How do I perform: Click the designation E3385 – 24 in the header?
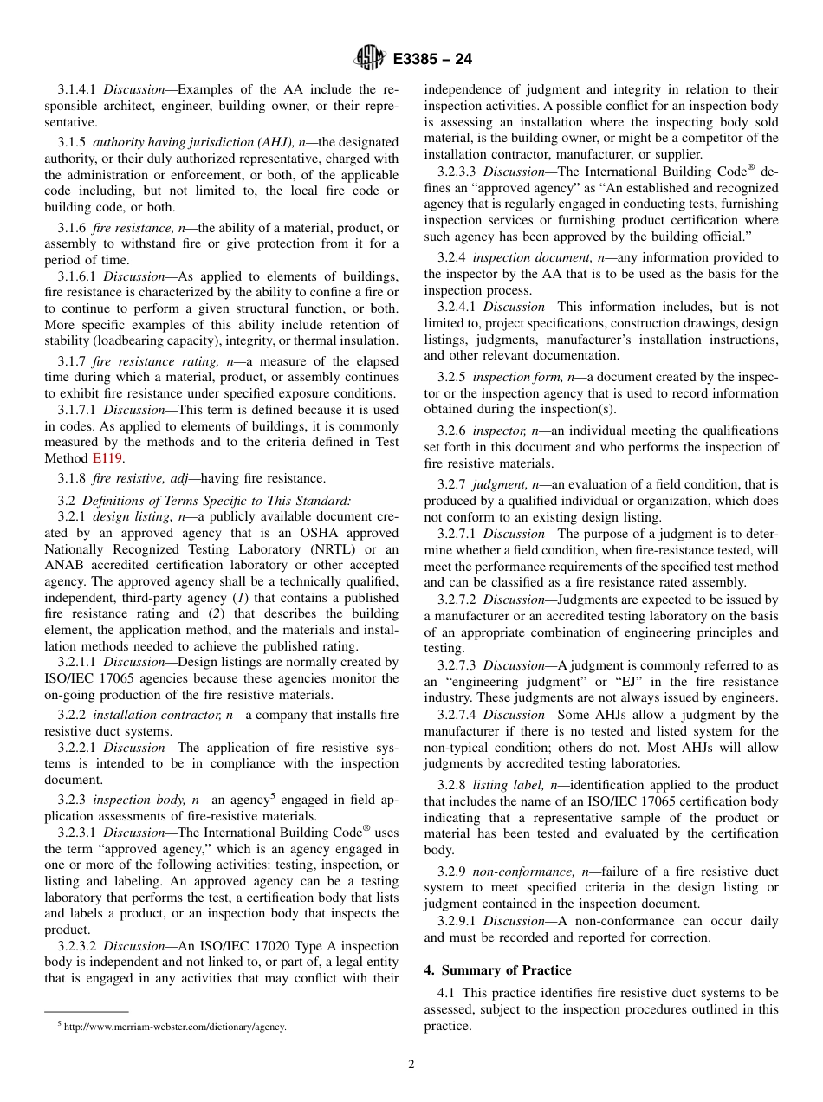(432, 60)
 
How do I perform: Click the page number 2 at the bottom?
(411, 1065)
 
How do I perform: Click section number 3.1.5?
(73, 142)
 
